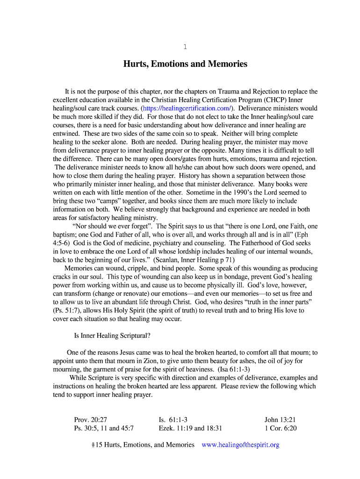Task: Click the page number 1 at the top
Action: pos(185,46)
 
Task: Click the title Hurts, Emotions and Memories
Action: pos(185,64)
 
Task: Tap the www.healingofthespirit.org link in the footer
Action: pos(240,445)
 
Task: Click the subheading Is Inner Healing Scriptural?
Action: pos(112,335)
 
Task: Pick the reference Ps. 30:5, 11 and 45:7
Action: pos(104,428)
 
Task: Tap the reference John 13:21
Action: pos(280,420)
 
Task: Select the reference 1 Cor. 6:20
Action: pos(281,428)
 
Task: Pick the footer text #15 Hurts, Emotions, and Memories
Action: pos(143,445)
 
